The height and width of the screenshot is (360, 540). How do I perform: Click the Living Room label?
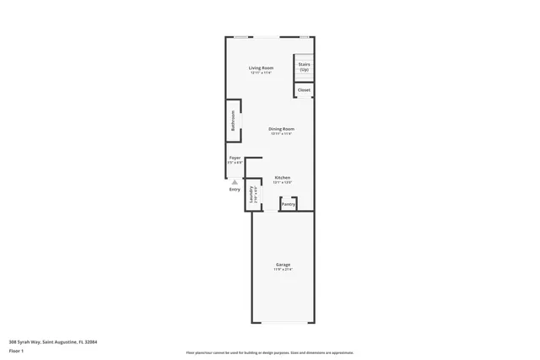coord(261,67)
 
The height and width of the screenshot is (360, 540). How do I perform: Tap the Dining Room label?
coord(281,128)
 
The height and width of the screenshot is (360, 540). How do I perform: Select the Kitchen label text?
coord(283,177)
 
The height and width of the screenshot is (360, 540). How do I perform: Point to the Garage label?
coord(283,265)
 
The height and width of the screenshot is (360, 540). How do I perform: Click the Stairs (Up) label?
coord(303,67)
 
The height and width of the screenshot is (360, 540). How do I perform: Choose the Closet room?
coord(303,89)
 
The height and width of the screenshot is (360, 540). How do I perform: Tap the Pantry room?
coord(288,204)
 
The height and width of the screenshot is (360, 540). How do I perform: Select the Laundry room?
coord(251,196)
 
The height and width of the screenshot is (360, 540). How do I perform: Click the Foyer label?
coord(235,158)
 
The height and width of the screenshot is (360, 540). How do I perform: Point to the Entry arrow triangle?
coord(235,181)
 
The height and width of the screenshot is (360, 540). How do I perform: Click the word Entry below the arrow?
coord(235,189)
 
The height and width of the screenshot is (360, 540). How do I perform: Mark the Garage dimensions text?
coord(283,270)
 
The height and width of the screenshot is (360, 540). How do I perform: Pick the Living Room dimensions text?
coord(261,73)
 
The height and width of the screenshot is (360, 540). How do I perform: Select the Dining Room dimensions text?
coord(281,133)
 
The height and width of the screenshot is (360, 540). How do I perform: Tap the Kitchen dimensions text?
coord(283,182)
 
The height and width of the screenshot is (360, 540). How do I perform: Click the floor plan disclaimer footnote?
coord(269,352)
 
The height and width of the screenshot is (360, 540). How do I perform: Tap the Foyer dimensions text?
coord(235,163)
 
